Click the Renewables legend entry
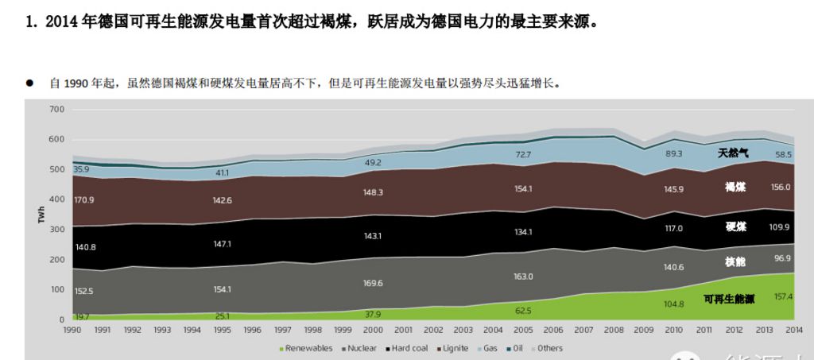308,348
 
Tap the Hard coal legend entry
409,348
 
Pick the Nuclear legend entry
362,348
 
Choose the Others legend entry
548,348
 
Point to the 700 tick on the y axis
56,109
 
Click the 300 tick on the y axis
56,230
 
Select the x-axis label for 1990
72,329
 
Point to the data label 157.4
784,296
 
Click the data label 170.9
83,199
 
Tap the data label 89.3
674,153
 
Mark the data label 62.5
523,310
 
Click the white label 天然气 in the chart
732,153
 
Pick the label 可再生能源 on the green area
729,299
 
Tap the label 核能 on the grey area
735,261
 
